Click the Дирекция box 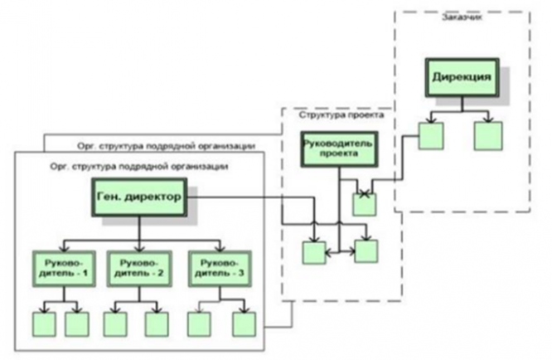click(462, 77)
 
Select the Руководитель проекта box click(339, 149)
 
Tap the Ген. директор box click(139, 197)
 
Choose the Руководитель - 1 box click(64, 269)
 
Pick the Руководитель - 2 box click(139, 269)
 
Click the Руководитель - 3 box click(220, 269)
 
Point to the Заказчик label click(462, 17)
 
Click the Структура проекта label click(341, 114)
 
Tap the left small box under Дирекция click(431, 136)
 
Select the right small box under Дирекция click(488, 136)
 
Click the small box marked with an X click(365, 204)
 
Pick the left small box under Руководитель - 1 click(44, 324)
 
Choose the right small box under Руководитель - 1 click(77, 324)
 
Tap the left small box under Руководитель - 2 click(115, 324)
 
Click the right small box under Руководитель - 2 click(157, 324)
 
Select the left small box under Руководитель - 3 click(199, 324)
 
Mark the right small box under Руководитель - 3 click(245, 324)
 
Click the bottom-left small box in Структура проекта click(314, 252)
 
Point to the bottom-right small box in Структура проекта click(366, 251)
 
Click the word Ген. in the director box click(109, 197)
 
